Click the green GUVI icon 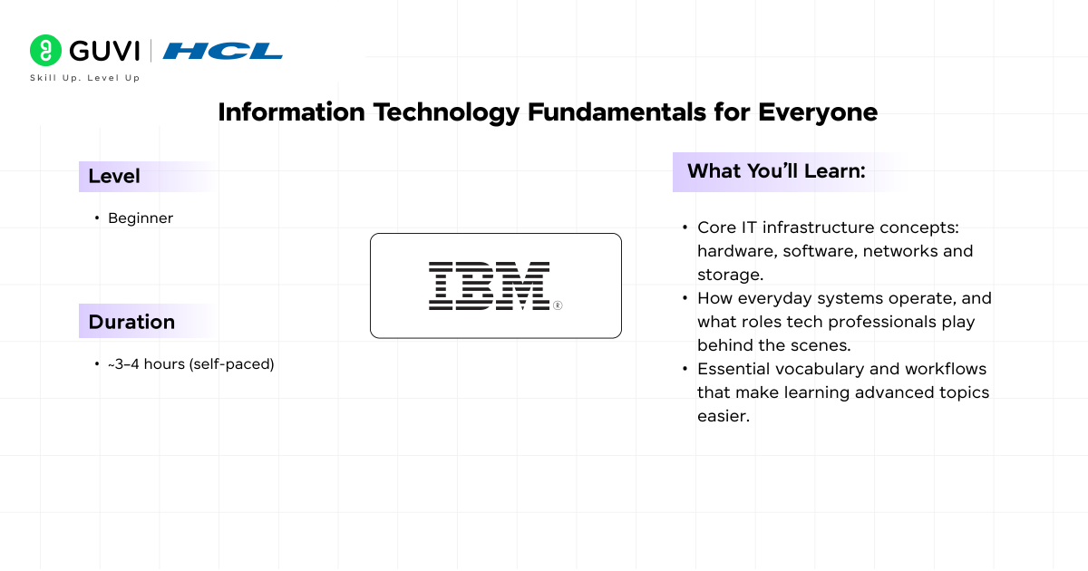(x=45, y=51)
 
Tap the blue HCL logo (x=223, y=51)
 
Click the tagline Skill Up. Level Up (x=84, y=78)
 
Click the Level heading (x=114, y=177)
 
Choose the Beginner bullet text (x=140, y=218)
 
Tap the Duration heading (x=131, y=322)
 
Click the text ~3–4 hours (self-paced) (x=190, y=364)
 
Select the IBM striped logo (x=489, y=285)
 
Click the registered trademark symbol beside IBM (x=558, y=305)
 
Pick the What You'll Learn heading (x=776, y=171)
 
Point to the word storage (x=730, y=274)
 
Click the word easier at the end (x=723, y=416)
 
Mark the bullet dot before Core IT (x=684, y=227)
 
